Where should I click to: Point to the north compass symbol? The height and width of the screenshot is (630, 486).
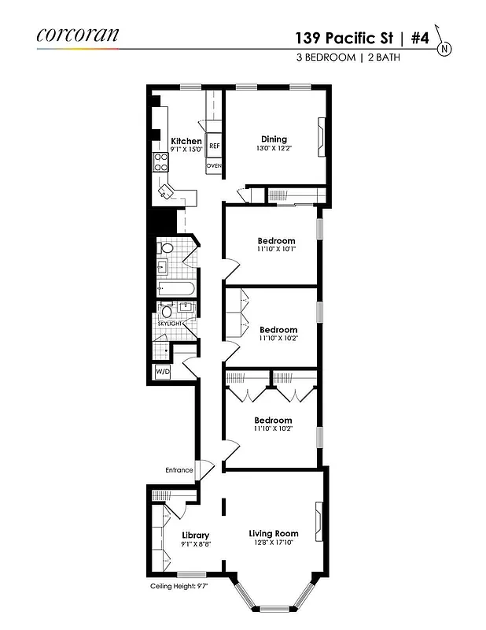click(445, 48)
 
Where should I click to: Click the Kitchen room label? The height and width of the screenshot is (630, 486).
click(186, 141)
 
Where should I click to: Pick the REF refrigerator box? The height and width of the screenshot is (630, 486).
click(214, 146)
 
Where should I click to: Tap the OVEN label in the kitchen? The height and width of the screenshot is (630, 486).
click(214, 166)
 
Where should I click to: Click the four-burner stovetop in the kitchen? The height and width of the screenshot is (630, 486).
click(160, 162)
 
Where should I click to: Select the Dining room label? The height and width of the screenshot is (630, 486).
click(274, 139)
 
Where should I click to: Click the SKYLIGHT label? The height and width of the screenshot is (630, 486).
click(170, 324)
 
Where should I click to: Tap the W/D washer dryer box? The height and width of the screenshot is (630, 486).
click(162, 371)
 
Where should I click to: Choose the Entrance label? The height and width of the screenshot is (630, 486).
click(179, 470)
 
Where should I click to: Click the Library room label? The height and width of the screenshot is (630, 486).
click(194, 535)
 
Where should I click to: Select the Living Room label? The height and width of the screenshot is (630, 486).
click(274, 533)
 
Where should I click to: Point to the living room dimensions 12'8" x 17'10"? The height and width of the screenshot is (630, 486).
click(274, 543)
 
